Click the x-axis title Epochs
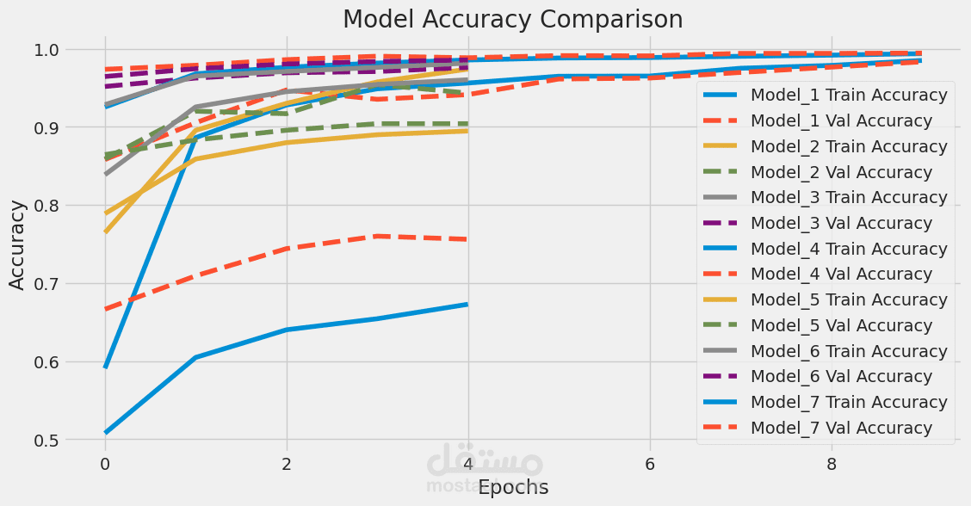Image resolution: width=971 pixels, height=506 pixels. click(x=513, y=487)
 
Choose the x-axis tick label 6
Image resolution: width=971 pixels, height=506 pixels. click(x=649, y=464)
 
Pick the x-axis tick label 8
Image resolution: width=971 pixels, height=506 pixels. click(x=831, y=464)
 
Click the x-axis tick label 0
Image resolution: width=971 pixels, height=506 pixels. click(x=105, y=464)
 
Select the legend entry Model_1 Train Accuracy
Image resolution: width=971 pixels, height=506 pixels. click(x=849, y=95)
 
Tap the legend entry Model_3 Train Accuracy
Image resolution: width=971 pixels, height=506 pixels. click(x=849, y=198)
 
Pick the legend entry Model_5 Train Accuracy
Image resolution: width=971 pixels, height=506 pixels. click(x=849, y=300)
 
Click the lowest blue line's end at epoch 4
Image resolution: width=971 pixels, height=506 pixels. click(x=467, y=304)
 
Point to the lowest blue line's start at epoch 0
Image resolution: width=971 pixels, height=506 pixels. click(x=105, y=432)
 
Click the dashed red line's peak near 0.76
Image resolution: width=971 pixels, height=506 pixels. click(x=377, y=236)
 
